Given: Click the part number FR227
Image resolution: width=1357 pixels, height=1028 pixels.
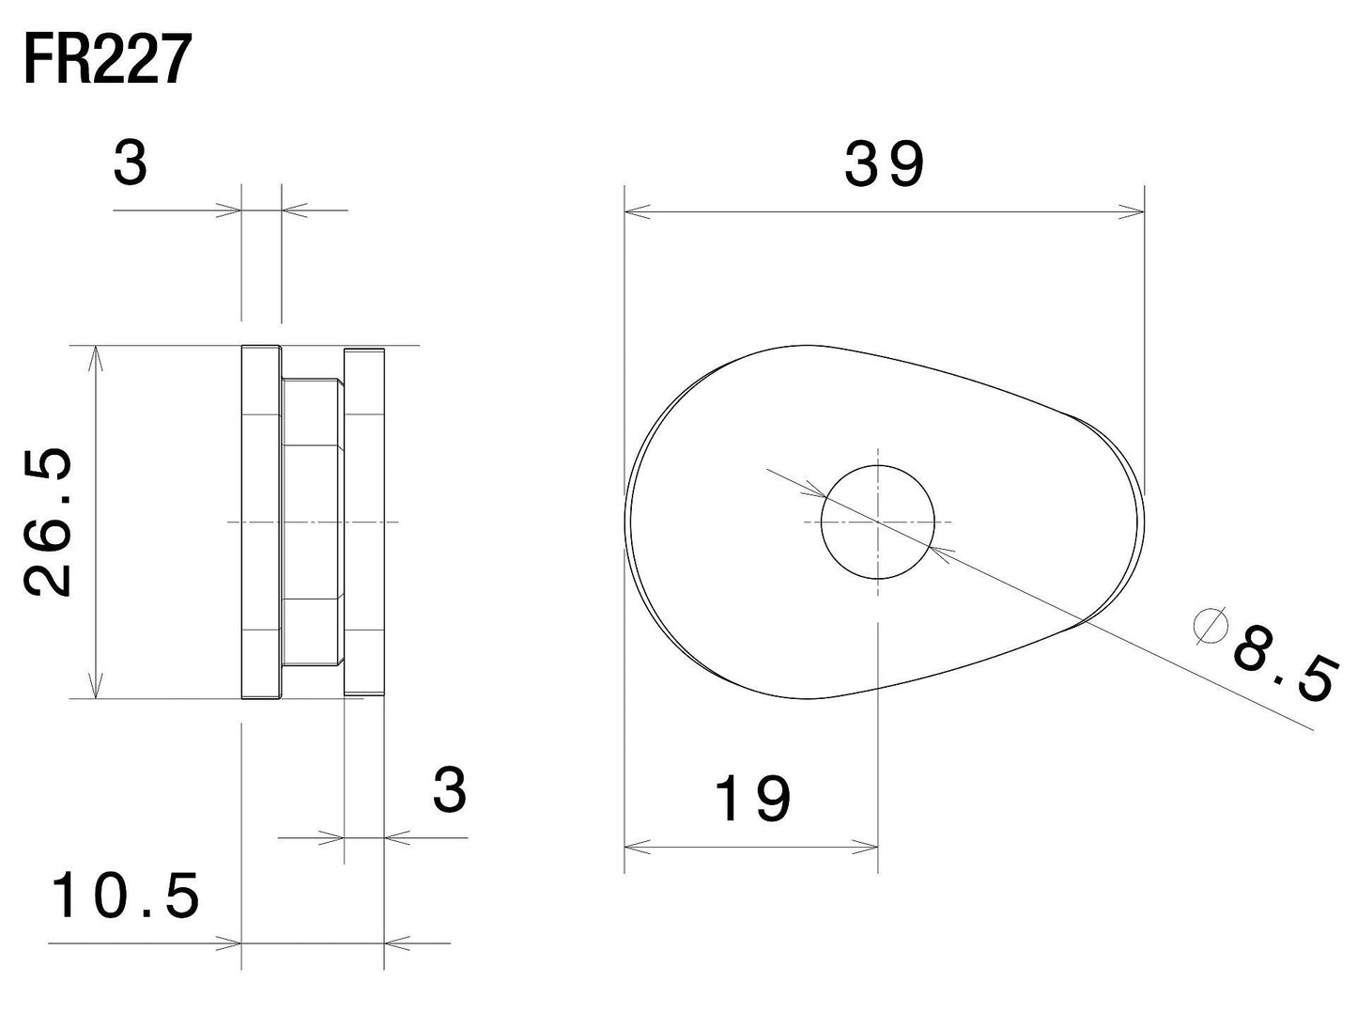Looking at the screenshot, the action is (107, 59).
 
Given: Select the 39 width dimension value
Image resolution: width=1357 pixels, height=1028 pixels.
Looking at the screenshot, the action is (884, 164).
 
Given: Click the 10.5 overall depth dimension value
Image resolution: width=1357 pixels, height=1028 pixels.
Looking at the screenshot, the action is (126, 895).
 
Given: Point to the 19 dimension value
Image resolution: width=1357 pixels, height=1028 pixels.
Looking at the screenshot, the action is (752, 799).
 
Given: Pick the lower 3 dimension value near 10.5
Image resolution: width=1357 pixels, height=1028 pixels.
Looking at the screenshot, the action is (450, 790).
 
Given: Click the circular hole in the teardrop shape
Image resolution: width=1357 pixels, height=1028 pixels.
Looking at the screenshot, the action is (877, 522).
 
